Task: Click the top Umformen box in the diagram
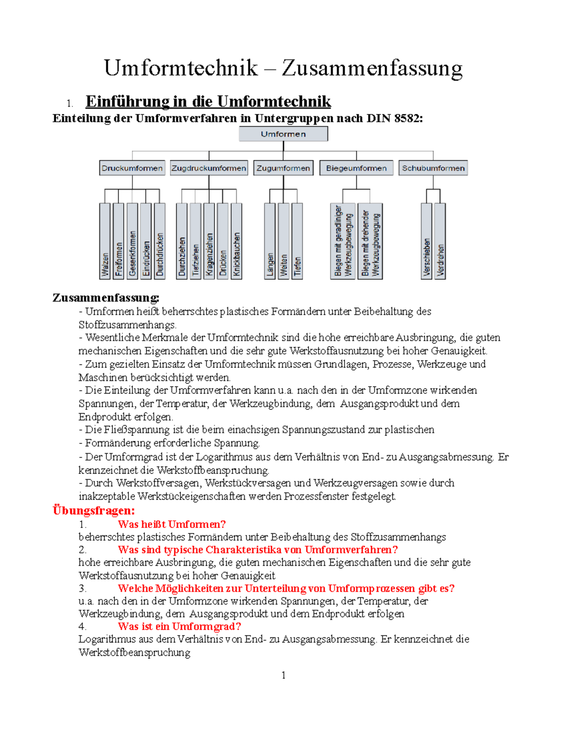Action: (x=283, y=134)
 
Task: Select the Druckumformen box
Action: (x=132, y=168)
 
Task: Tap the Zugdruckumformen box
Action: (x=209, y=168)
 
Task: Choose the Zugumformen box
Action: (x=283, y=168)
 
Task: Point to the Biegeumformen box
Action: (x=356, y=168)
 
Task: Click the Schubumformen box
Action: (x=433, y=168)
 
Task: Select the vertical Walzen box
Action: (x=105, y=241)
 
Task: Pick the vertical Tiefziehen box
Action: (x=196, y=241)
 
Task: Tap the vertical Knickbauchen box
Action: (x=236, y=241)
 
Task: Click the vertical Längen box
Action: (x=270, y=241)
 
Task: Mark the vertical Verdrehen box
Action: (x=440, y=241)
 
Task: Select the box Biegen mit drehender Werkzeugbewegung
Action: (x=370, y=241)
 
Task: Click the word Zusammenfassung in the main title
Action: (x=372, y=68)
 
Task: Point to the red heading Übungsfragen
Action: (x=94, y=510)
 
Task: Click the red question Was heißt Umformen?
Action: (x=172, y=524)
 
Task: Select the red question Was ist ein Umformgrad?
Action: (x=179, y=626)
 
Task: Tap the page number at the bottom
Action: (x=283, y=675)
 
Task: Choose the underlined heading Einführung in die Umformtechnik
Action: (x=208, y=102)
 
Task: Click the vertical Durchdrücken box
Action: (x=160, y=241)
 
